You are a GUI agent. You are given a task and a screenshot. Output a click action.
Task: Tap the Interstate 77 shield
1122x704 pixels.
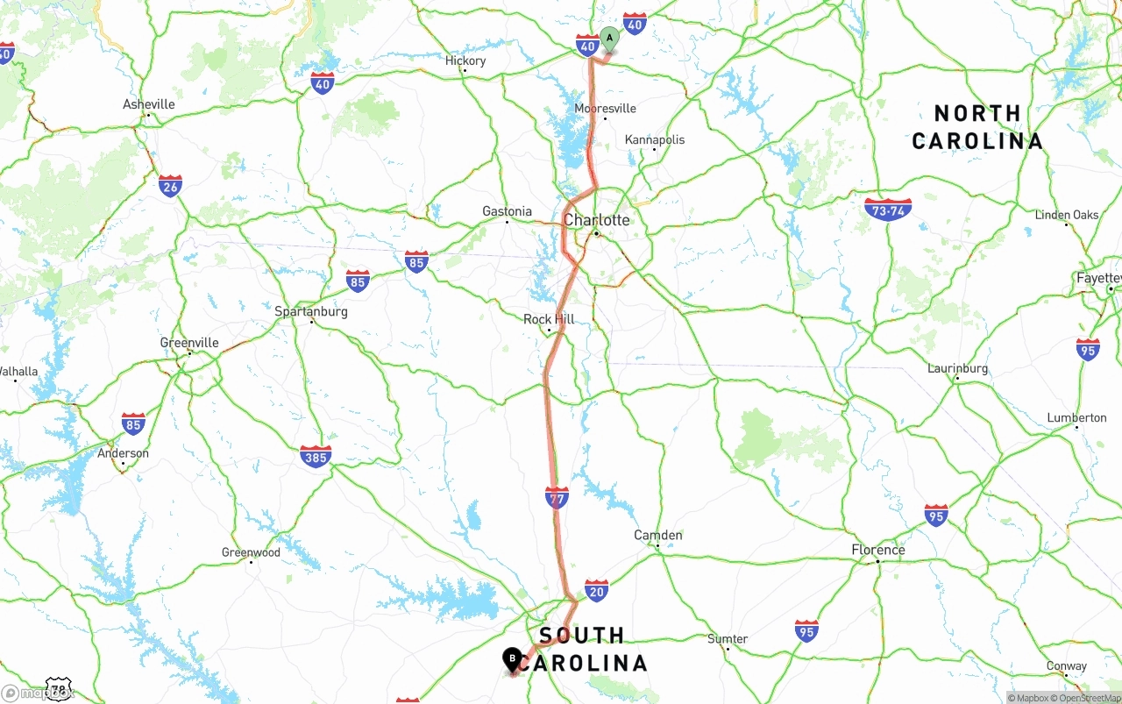point(557,498)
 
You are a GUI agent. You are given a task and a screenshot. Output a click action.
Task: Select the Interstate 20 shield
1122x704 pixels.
point(597,590)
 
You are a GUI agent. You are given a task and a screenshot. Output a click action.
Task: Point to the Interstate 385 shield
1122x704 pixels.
point(316,457)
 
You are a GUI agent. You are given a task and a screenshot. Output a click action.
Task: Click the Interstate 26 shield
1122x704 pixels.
point(170,186)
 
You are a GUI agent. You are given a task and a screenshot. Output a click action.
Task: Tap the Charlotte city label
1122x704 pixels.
point(596,220)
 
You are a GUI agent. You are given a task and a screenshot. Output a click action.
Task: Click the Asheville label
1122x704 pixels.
point(148,104)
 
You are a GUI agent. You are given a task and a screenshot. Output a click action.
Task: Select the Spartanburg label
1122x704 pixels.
point(311,311)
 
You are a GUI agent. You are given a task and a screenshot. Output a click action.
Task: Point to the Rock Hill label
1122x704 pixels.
point(549,319)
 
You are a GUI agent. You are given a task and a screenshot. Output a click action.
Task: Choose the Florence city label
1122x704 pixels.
point(877,550)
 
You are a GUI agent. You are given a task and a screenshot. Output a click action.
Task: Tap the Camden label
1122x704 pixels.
point(657,535)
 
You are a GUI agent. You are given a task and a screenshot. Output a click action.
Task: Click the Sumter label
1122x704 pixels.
point(728,639)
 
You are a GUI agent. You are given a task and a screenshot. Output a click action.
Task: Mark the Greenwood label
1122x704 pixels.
point(251,552)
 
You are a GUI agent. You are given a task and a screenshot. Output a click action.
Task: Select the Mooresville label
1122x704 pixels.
point(605,109)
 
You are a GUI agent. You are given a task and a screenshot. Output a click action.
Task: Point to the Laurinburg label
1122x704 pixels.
point(957,368)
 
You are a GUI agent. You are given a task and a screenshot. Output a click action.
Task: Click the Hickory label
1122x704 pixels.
point(465,60)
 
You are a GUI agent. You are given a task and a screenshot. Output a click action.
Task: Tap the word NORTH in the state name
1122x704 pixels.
point(977,113)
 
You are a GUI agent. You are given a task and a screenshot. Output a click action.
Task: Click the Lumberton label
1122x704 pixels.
point(1076,417)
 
